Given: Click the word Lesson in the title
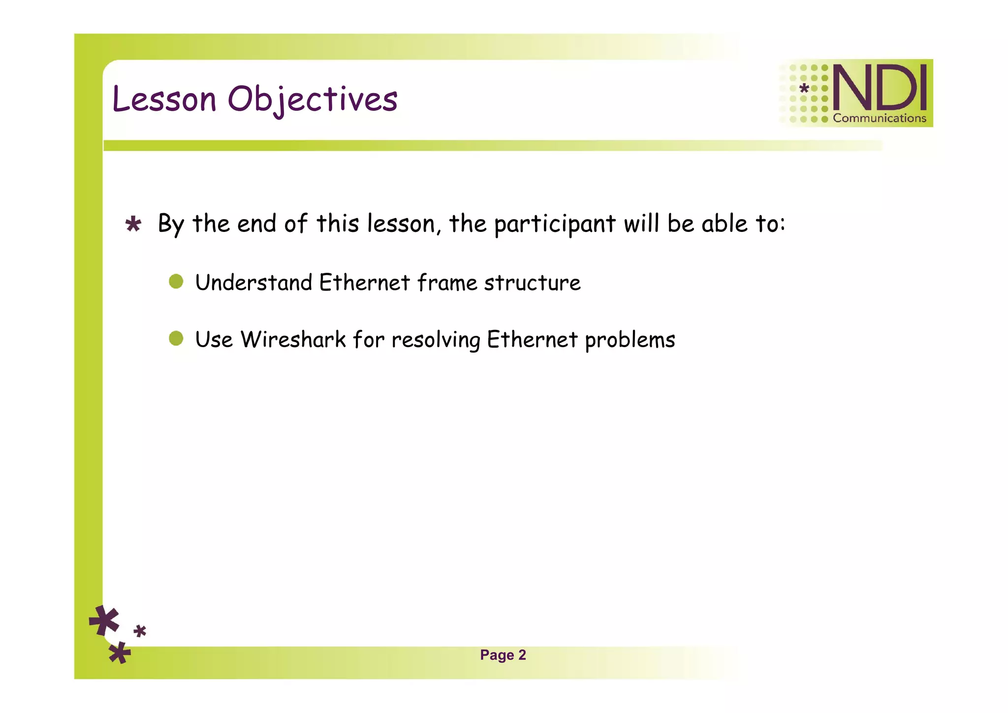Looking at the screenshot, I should [164, 99].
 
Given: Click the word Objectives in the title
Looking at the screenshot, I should [313, 99].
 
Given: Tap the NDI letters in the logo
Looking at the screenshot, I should [879, 89].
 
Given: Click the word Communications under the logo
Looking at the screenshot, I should [879, 118].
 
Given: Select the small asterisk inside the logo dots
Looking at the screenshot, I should [804, 89].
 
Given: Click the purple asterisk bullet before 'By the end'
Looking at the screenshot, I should [133, 225].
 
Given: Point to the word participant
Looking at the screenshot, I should [555, 224].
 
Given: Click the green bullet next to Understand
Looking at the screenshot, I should [176, 282].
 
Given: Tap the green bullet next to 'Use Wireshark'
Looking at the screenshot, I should [176, 339].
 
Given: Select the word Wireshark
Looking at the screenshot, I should [293, 340].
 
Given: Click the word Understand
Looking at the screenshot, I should [253, 283].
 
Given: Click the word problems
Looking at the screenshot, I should [630, 340].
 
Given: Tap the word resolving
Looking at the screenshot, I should [436, 340].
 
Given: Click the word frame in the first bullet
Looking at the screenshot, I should [447, 283].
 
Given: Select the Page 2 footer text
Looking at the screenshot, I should [503, 655].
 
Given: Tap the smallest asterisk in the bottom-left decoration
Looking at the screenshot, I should [140, 631].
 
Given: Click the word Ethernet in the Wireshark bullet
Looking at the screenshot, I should [532, 340].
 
